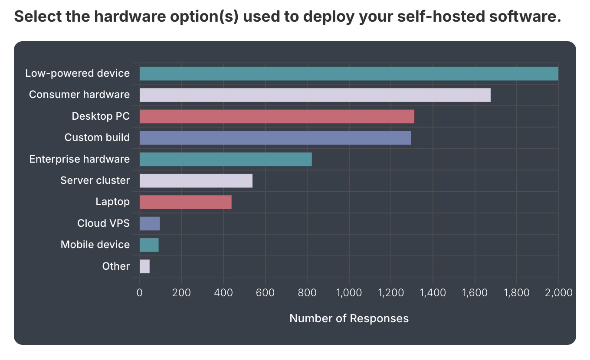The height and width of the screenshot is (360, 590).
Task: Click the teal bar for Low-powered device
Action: coord(349,74)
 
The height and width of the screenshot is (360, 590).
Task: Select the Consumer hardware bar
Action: coord(315,95)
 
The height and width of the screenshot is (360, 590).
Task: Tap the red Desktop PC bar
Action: coord(277,117)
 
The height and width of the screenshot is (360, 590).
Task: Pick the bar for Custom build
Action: coord(275,138)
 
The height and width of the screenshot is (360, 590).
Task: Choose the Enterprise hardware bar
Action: coord(226,159)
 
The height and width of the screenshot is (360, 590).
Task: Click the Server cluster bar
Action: coord(196,181)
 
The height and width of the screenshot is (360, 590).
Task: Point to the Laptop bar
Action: coord(186,202)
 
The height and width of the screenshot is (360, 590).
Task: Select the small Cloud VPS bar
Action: coord(150,224)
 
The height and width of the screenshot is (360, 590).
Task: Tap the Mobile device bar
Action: coord(149,245)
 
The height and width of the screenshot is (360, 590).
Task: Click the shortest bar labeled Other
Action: coord(144,267)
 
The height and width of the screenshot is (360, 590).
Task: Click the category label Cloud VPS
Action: coord(103,223)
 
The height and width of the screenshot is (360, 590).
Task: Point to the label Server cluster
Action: coord(95,180)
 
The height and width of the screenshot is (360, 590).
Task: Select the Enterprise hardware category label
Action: coord(79,159)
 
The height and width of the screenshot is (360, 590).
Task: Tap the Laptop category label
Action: coord(112,202)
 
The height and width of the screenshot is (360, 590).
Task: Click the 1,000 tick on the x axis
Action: coord(349,292)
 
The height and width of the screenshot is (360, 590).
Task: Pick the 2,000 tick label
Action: coord(558,292)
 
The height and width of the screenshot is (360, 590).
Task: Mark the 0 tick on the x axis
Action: coord(140,292)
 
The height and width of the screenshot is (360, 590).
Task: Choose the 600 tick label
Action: coord(265,292)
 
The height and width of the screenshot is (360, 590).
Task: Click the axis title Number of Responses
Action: coord(349,319)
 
